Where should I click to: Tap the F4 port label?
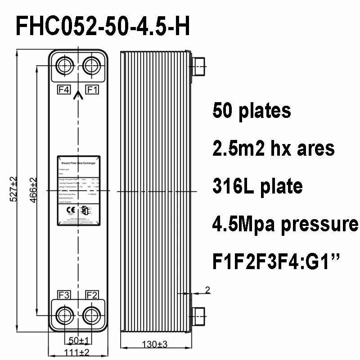64,90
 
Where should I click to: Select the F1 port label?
93,90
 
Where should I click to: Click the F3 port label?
64,295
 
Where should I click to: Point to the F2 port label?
93,295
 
